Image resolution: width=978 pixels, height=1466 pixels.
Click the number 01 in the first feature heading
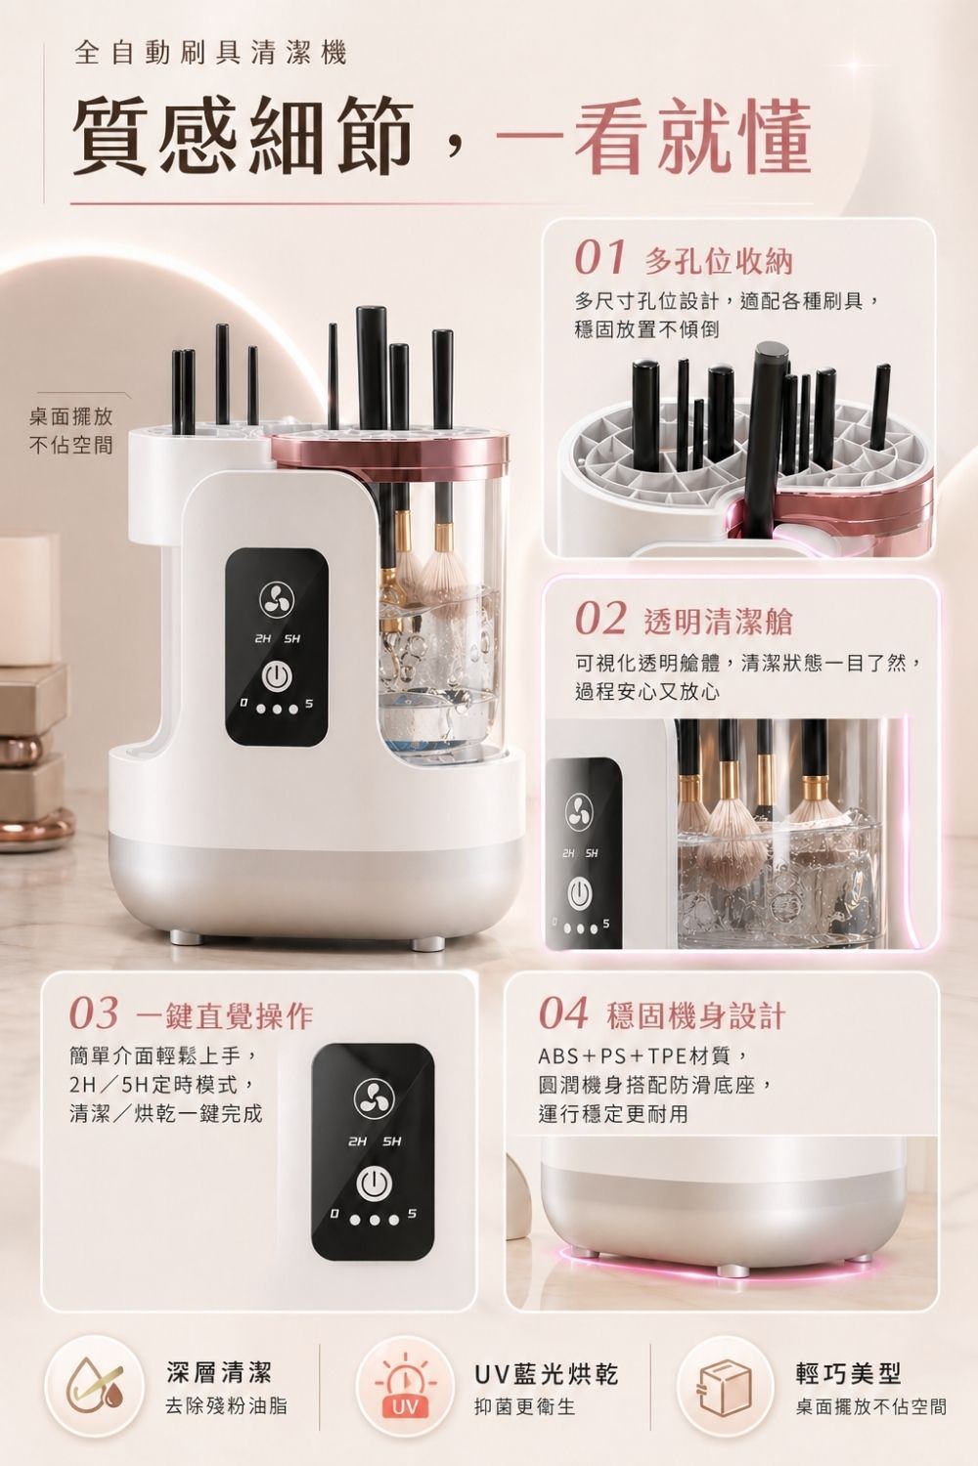pyautogui.click(x=600, y=259)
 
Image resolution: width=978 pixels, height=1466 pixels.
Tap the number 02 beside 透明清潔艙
pyautogui.click(x=600, y=619)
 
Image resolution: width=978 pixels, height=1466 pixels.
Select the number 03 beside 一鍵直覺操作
pyautogui.click(x=94, y=1013)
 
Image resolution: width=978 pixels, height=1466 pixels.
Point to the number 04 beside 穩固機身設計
pyautogui.click(x=563, y=1013)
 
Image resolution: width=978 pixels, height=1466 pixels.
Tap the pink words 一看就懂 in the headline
pyautogui.click(x=653, y=136)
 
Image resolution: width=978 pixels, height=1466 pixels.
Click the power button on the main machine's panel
pyautogui.click(x=276, y=677)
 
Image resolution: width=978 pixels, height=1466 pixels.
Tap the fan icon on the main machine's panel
pyautogui.click(x=276, y=598)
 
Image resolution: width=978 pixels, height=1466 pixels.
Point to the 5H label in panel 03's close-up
pyautogui.click(x=392, y=1143)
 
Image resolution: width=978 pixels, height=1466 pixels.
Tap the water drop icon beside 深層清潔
pyautogui.click(x=94, y=1385)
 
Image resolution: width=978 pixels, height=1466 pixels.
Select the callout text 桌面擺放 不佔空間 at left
pyautogui.click(x=71, y=431)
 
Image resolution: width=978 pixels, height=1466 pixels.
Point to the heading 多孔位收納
pyautogui.click(x=719, y=262)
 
